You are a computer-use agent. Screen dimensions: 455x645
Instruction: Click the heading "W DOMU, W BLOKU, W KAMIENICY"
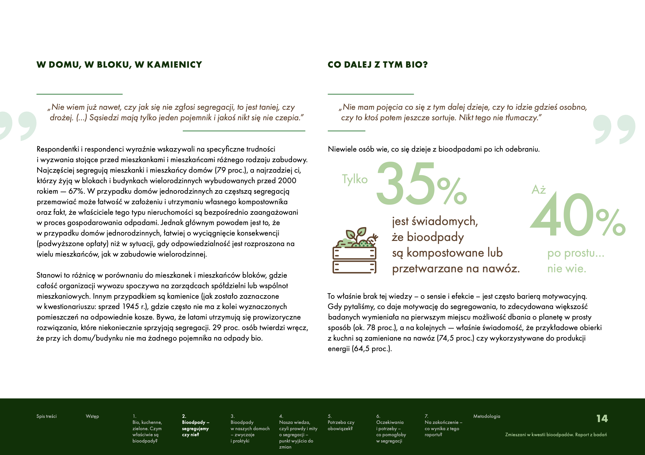[119, 65]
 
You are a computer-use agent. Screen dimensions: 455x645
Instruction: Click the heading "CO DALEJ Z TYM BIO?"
[378, 65]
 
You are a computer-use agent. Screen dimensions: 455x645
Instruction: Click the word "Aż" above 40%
[538, 190]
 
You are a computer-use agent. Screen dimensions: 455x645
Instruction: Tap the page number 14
[602, 419]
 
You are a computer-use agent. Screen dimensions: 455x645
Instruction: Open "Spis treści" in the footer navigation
[46, 416]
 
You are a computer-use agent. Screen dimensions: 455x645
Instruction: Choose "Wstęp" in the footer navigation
[92, 416]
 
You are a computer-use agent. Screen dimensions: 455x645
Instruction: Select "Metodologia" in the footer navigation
[487, 416]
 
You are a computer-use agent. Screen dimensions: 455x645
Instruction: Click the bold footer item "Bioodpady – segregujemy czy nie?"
[195, 428]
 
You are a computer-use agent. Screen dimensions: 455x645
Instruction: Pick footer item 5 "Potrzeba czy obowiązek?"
[341, 425]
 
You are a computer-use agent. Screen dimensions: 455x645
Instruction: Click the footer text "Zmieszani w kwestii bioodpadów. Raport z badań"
[556, 435]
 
